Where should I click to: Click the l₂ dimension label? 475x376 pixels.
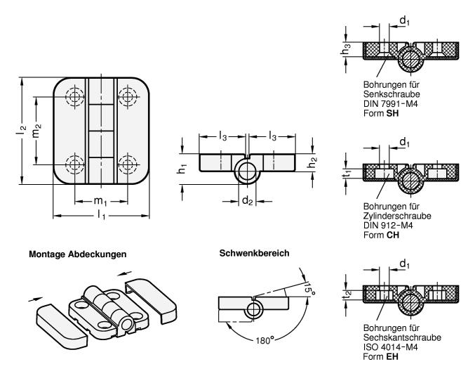pos(22,131)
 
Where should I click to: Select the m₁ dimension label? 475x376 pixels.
pos(100,201)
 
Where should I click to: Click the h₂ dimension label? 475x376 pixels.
pos(312,163)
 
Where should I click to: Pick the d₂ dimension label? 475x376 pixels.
pos(247,200)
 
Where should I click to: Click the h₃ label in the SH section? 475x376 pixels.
pos(346,49)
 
